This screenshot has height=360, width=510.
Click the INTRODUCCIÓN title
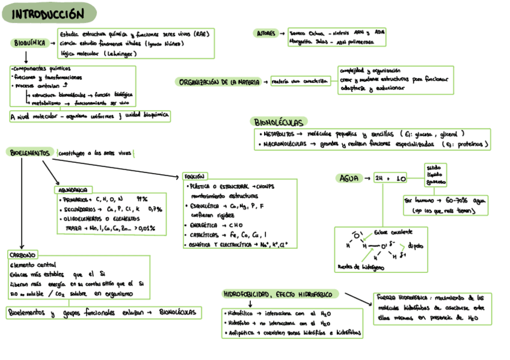coord(48,14)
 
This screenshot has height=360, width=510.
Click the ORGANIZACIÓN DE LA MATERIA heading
coord(218,82)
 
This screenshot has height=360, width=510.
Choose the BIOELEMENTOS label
coord(30,153)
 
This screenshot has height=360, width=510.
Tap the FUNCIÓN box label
coord(194,177)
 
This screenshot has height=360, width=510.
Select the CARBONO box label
coord(23,255)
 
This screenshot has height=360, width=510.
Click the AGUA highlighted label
coord(349,178)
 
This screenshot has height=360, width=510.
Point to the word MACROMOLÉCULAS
coord(283,144)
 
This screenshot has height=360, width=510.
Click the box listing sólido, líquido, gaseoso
coord(436,174)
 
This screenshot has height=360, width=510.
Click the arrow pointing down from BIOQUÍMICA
coord(26,57)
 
